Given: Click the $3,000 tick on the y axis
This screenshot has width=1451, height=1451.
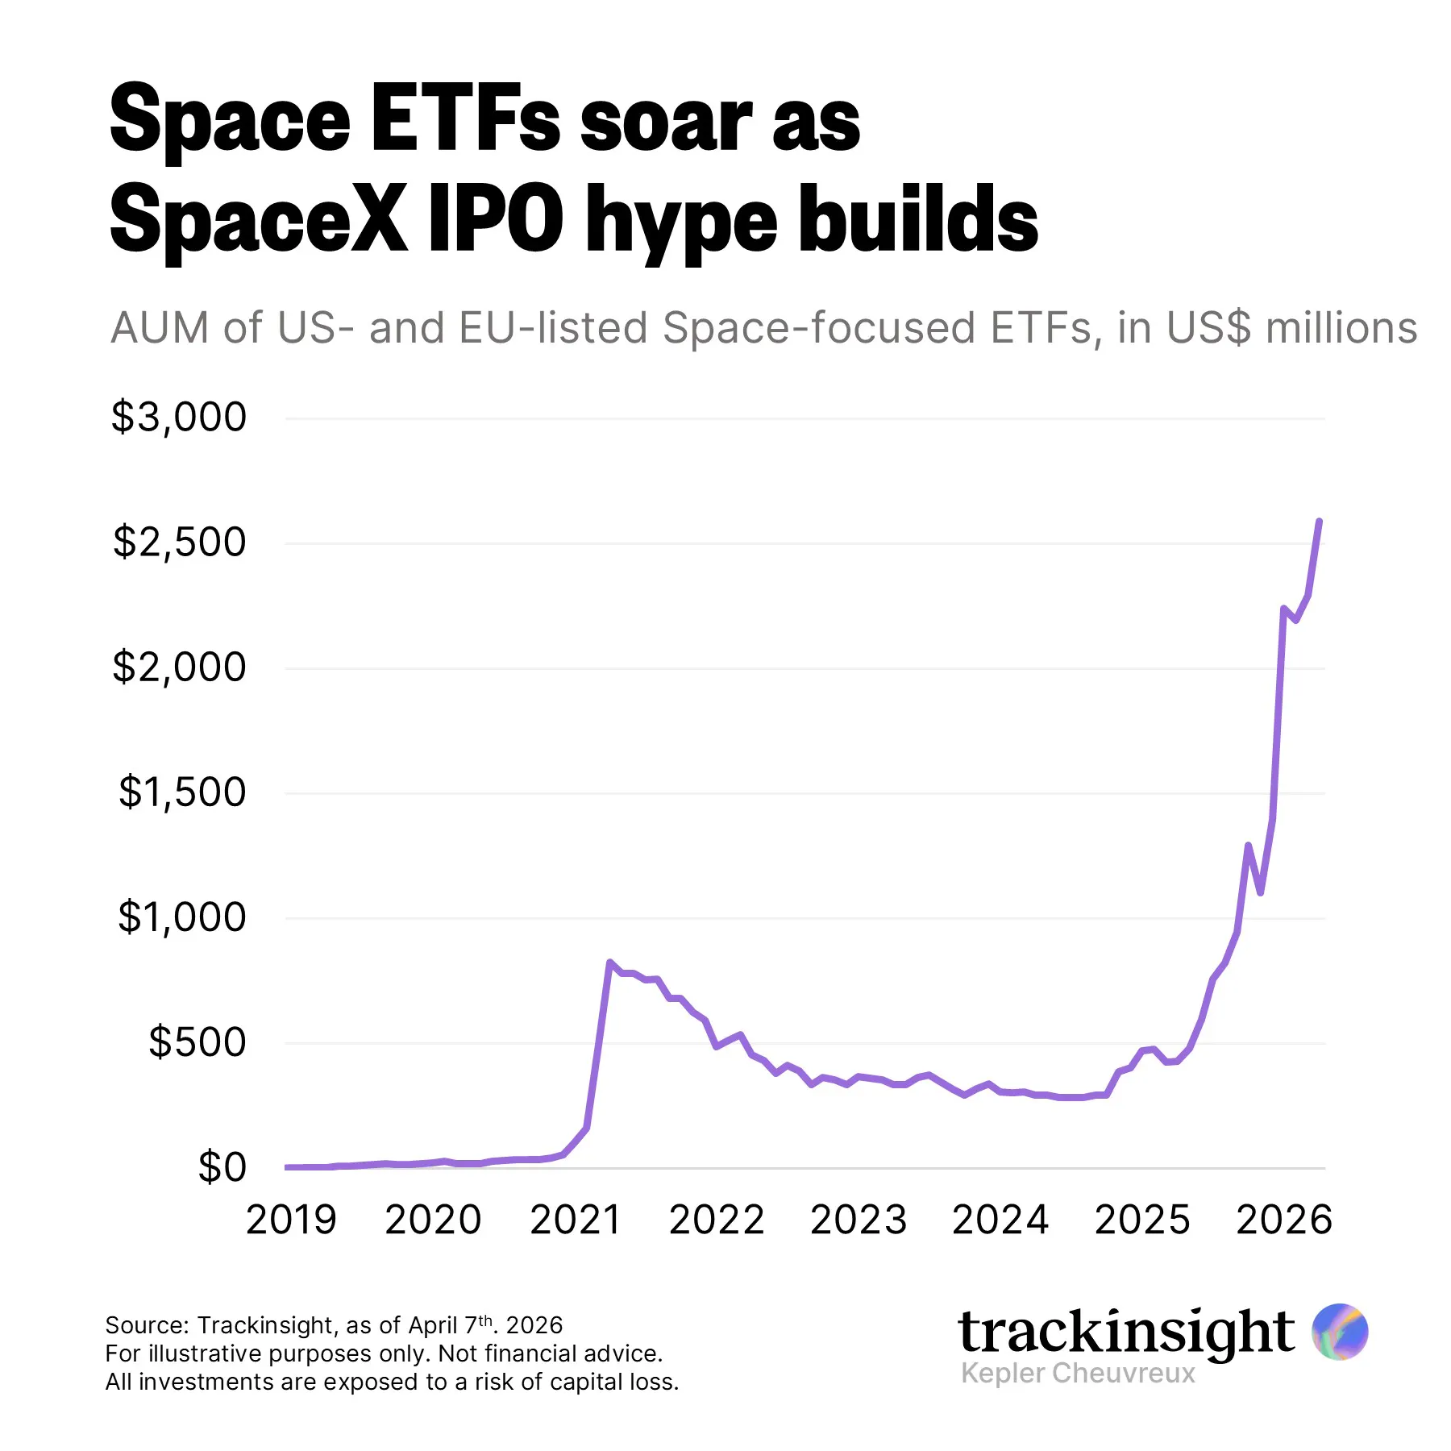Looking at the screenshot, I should [x=179, y=418].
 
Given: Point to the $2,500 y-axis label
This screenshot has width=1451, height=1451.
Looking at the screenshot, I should [x=179, y=543].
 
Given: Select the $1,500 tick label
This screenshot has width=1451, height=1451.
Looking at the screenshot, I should [x=182, y=792].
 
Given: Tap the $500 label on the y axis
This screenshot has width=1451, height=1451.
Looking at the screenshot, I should [x=197, y=1042].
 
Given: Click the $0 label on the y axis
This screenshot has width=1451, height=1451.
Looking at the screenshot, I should [x=222, y=1167].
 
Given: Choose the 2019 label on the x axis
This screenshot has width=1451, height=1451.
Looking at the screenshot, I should [x=291, y=1220].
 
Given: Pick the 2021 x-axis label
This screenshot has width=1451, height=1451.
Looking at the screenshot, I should [x=576, y=1220].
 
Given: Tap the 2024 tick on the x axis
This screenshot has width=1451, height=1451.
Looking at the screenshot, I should [x=1000, y=1220].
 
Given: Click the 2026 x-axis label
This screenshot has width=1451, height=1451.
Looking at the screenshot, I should [x=1284, y=1220].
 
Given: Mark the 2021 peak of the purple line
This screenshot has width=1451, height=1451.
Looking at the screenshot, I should [x=609, y=962].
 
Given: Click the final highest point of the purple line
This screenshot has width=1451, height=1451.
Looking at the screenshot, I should [x=1319, y=522].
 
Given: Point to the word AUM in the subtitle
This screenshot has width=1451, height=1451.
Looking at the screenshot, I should [x=157, y=328].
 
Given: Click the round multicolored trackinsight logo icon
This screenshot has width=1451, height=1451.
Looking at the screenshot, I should [x=1339, y=1331].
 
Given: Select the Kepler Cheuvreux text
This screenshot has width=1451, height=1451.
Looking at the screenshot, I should [x=1078, y=1373].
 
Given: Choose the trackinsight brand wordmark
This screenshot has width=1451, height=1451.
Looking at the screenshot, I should [x=1126, y=1332].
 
